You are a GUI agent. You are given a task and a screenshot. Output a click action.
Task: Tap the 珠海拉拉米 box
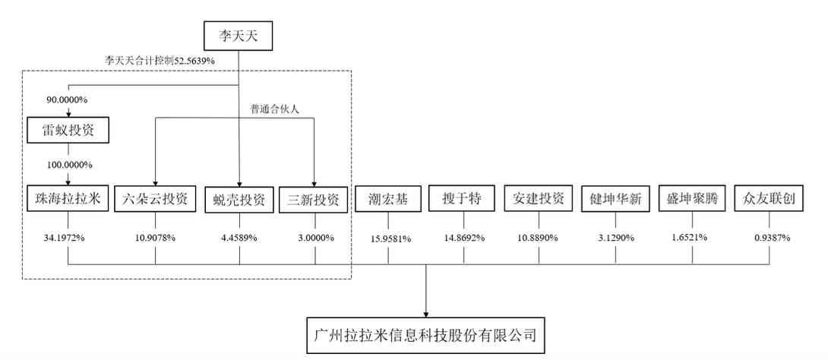[68, 199]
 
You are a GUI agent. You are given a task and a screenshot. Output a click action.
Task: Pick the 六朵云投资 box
[155, 199]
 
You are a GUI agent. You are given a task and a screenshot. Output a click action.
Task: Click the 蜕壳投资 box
[239, 200]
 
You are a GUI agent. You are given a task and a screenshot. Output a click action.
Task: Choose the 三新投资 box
[313, 199]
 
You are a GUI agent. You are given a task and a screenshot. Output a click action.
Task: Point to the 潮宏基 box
[387, 199]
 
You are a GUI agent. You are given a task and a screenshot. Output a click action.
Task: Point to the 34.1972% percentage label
[68, 237]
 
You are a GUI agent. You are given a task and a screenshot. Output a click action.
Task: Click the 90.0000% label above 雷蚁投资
[68, 99]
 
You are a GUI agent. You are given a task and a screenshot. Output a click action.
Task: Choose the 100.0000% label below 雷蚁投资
[68, 164]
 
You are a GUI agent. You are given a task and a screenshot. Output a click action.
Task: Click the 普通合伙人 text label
[274, 109]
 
